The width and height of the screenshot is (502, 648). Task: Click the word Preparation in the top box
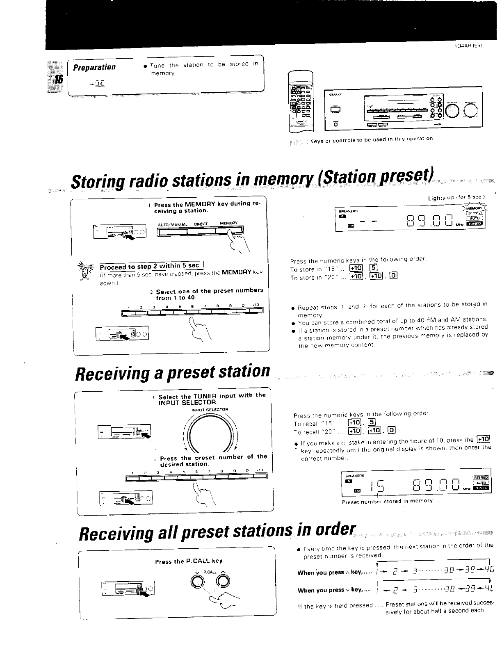point(94,67)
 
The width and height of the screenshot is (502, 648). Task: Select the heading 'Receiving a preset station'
point(173,371)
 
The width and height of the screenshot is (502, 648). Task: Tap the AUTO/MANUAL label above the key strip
point(173,224)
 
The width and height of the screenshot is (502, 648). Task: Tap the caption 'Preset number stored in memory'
point(387,501)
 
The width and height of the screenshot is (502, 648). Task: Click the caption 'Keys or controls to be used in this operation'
point(371,139)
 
